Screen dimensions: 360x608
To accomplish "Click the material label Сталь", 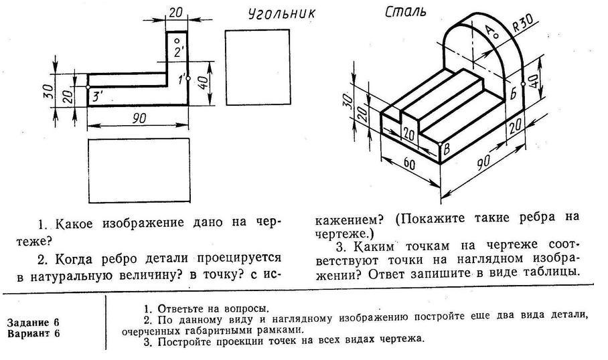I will (406, 13).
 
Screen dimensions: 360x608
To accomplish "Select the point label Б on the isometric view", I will (514, 93).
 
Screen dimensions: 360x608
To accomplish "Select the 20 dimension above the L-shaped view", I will (176, 13).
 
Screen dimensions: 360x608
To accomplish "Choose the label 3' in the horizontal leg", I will (98, 97).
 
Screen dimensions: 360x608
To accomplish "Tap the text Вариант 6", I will (33, 333).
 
